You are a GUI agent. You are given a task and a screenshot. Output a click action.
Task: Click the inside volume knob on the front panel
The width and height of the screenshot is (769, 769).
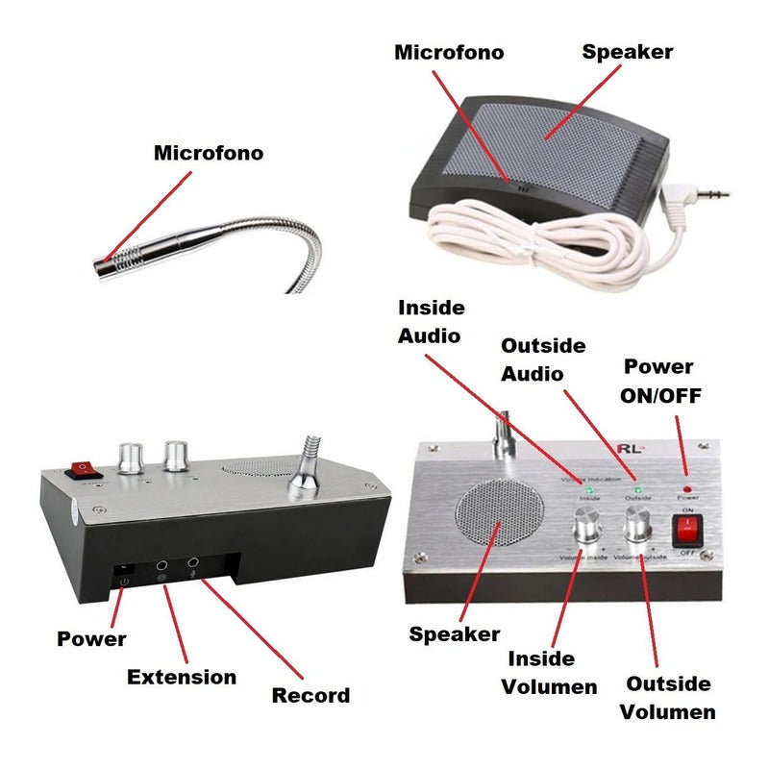point(587,528)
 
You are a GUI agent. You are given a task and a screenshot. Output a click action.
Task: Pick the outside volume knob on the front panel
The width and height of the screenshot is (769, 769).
point(635,526)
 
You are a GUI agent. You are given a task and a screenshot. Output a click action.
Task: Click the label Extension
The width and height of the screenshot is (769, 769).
point(182,677)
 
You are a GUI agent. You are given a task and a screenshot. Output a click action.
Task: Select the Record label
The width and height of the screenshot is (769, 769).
point(310,695)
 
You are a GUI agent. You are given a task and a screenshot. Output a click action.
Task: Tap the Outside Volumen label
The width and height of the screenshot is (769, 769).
point(668,698)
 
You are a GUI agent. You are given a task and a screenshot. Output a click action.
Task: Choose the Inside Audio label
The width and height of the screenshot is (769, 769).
point(432,321)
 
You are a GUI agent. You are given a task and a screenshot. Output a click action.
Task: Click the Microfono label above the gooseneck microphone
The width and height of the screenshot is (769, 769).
point(209,153)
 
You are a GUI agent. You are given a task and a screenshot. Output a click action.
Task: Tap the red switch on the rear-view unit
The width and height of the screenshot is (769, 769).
point(83,470)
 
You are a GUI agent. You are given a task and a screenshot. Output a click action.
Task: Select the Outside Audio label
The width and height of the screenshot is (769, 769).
point(543,359)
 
